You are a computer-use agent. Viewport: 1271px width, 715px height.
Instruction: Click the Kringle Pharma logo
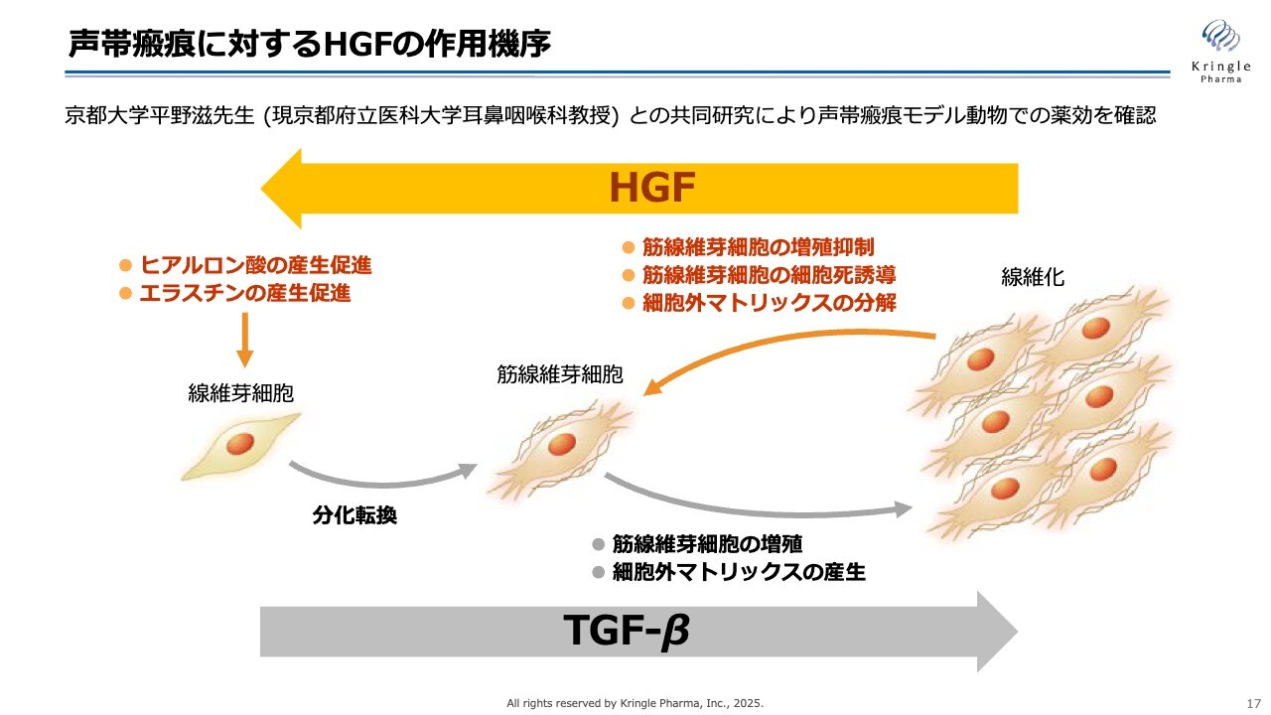tap(1221, 51)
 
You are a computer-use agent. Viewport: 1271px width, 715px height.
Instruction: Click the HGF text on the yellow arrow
tap(652, 188)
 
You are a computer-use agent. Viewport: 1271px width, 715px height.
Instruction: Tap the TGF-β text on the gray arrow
tap(627, 631)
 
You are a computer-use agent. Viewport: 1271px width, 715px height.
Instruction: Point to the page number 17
tap(1253, 704)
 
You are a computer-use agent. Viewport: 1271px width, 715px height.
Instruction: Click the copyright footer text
tap(635, 703)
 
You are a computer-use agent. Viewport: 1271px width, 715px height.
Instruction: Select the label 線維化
tap(1032, 277)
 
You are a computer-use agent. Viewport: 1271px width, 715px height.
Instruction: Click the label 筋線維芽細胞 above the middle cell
tap(559, 374)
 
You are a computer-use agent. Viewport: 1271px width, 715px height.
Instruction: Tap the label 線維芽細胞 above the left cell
tap(240, 393)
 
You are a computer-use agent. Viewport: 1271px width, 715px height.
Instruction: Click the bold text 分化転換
tap(354, 515)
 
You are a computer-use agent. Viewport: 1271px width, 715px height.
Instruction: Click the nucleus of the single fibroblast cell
tap(240, 444)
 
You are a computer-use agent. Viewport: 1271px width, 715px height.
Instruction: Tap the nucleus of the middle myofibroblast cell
tap(562, 444)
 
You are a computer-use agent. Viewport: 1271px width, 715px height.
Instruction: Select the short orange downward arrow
tap(244, 340)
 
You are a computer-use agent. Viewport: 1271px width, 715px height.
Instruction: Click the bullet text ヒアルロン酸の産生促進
tap(256, 265)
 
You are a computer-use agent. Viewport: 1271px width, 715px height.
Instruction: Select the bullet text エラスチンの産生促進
tap(245, 293)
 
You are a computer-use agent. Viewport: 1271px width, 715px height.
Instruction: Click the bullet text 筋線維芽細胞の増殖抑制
tap(758, 247)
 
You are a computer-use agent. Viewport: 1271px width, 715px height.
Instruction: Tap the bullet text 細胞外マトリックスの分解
tap(770, 303)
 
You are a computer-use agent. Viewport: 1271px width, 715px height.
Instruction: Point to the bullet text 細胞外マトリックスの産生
tap(739, 572)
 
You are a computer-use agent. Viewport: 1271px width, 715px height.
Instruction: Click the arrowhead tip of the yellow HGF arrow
tap(261, 189)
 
